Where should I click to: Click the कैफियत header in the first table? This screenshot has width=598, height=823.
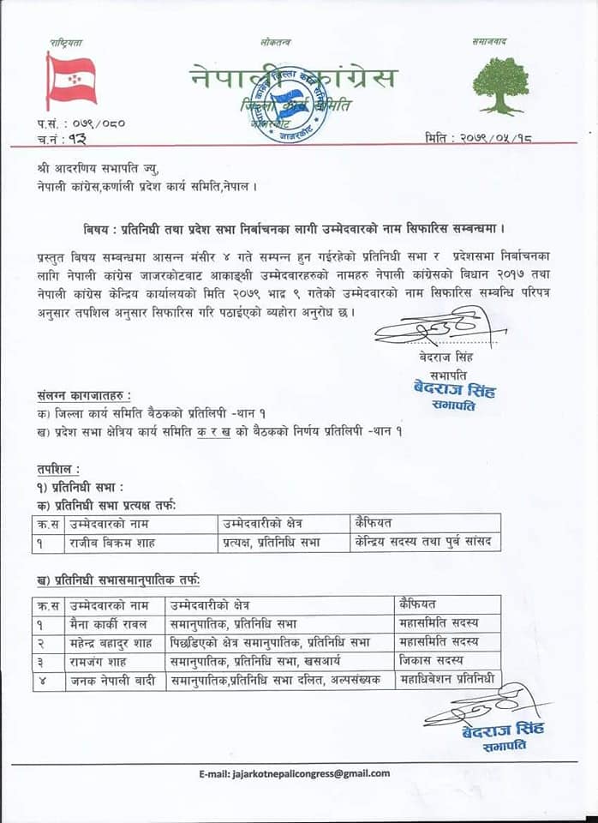tap(379, 522)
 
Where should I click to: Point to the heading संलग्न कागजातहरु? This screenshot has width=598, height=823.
tap(84, 395)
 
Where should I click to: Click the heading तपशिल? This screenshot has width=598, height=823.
tap(58, 468)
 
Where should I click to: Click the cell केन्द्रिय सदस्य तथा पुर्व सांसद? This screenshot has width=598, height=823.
tap(425, 542)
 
